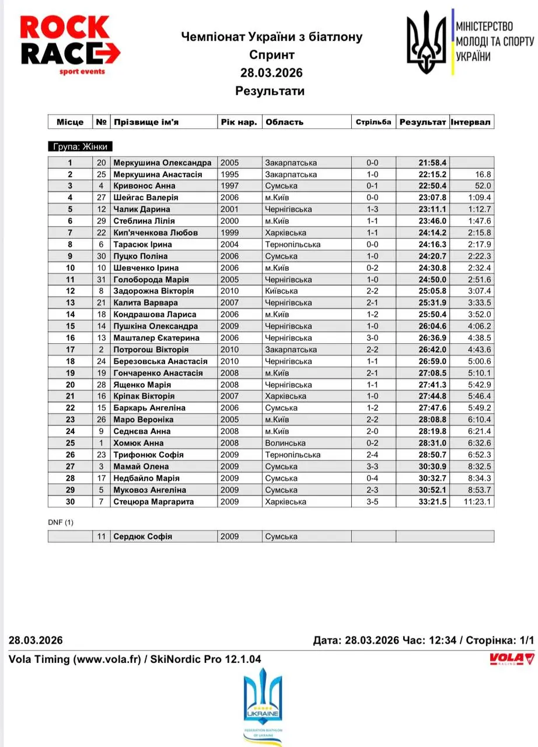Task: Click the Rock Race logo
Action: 70,44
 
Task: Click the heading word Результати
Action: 270,91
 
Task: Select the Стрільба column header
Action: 373,122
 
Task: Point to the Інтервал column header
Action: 471,122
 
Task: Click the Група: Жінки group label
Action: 79,146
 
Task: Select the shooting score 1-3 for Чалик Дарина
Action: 373,210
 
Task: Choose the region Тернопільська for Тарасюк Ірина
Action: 292,245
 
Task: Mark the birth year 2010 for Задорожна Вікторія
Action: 229,291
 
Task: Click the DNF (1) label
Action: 61,522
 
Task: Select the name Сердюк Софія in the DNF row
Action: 142,536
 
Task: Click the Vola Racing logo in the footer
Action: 511,659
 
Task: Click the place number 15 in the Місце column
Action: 70,326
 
